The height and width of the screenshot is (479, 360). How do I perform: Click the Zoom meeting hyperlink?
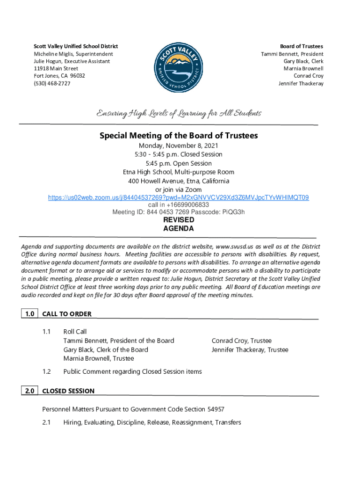click(x=179, y=198)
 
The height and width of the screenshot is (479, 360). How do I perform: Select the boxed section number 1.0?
click(x=29, y=314)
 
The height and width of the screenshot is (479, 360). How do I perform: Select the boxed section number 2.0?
click(x=29, y=391)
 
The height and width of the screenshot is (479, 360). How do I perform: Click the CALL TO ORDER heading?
click(x=67, y=314)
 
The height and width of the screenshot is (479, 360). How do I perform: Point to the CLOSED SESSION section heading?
click(x=68, y=391)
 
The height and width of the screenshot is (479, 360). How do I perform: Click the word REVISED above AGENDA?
click(x=178, y=220)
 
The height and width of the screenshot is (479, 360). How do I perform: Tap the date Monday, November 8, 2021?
click(x=179, y=146)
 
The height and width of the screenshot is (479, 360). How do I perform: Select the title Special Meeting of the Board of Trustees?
click(x=179, y=136)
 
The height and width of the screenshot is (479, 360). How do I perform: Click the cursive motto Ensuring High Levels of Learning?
click(x=179, y=114)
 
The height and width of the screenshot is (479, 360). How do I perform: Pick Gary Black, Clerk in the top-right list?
click(x=303, y=61)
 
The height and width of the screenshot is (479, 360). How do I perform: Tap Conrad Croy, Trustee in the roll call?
click(x=241, y=341)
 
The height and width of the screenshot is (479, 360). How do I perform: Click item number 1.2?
click(x=46, y=371)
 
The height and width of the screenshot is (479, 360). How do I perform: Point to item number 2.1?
click(x=46, y=422)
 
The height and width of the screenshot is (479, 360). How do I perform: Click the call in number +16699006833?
click(x=179, y=205)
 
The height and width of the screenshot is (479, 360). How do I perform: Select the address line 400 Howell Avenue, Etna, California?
click(x=179, y=181)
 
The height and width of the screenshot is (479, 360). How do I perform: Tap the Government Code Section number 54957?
click(x=208, y=409)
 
